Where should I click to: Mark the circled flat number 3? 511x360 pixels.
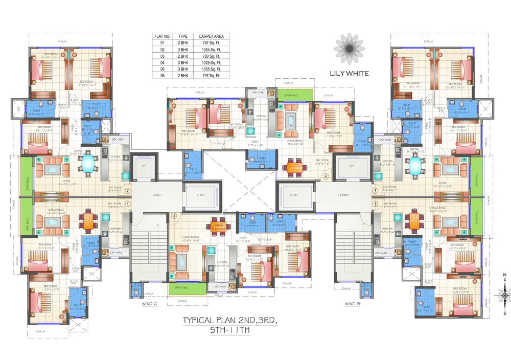pos(174,216)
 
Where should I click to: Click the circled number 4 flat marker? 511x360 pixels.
pos(325,177)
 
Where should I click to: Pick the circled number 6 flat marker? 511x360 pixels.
pos(375,204)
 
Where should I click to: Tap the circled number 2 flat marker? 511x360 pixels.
pos(128,191)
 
